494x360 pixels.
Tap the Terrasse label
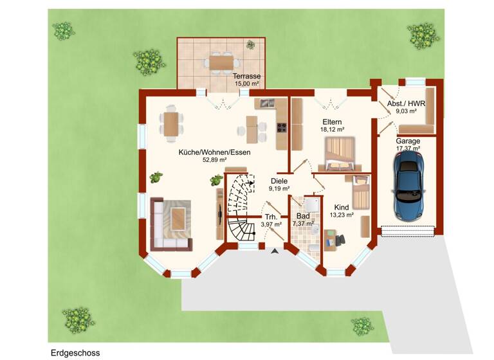246,76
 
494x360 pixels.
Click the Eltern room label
332,122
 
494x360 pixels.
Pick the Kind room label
342,207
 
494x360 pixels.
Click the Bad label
303,215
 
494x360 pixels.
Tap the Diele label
279,181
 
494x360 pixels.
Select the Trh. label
271,217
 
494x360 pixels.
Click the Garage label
408,141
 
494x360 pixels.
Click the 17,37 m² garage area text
408,148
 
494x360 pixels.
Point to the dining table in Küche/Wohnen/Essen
172,123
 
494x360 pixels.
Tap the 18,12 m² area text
332,129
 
